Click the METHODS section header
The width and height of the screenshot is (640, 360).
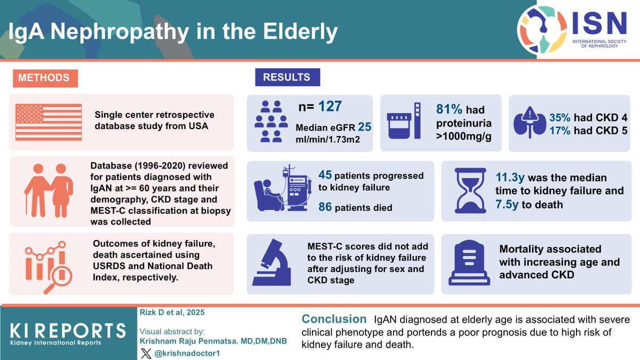45,78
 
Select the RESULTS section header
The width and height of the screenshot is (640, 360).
287,77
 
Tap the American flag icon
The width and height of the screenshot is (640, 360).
49,122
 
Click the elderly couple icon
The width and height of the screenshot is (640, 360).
49,190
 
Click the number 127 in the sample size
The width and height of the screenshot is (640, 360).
330,106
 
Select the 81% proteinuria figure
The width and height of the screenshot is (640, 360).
449,109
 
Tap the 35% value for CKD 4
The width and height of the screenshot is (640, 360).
559,117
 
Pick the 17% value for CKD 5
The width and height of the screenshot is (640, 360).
559,131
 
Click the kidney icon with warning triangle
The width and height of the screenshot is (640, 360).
530,123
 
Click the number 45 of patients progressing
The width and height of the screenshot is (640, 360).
325,175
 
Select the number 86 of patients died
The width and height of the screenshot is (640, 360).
325,207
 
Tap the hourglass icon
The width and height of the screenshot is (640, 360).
470,190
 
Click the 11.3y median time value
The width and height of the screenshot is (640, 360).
510,178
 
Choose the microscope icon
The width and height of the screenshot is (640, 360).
271,262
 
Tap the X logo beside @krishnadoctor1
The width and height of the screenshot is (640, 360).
146,354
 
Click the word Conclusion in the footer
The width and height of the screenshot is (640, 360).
334,319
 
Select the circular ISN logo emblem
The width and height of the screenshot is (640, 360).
542,30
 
